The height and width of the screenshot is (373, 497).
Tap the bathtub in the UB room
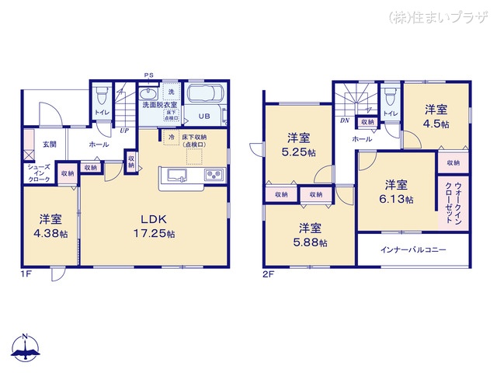203,97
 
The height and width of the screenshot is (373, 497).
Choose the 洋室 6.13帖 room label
396,192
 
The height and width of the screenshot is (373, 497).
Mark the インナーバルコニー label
414,251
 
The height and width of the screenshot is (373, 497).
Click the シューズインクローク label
38,173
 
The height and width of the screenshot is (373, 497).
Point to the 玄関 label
49,145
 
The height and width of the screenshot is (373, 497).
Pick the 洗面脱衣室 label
159,104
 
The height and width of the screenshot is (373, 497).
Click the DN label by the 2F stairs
343,121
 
